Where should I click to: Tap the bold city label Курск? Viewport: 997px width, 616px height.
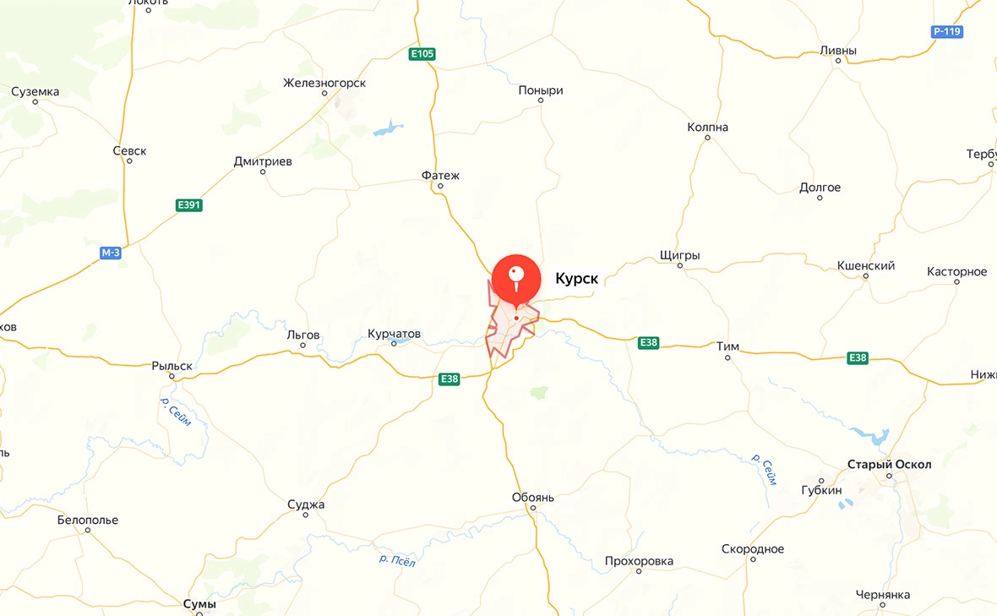pyautogui.click(x=576, y=278)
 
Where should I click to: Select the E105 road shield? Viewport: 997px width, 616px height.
pyautogui.click(x=422, y=54)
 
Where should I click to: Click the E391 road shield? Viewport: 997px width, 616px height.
pyautogui.click(x=188, y=205)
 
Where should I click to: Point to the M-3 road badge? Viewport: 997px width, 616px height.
pyautogui.click(x=111, y=253)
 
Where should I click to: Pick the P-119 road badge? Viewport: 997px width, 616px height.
pyautogui.click(x=947, y=32)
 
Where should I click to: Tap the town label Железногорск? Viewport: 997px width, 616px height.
pyautogui.click(x=324, y=83)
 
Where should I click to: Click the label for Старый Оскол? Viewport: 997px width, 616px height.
pyautogui.click(x=889, y=465)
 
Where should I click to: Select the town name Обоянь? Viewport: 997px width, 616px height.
pyautogui.click(x=533, y=498)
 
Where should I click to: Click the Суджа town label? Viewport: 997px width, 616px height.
pyautogui.click(x=306, y=504)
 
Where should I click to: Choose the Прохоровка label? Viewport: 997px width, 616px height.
pyautogui.click(x=639, y=561)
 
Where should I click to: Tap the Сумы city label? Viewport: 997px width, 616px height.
pyautogui.click(x=200, y=604)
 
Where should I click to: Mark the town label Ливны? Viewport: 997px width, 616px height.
pyautogui.click(x=838, y=51)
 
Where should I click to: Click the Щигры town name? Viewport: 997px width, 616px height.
pyautogui.click(x=679, y=255)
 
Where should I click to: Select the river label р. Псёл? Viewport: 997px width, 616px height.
pyautogui.click(x=397, y=559)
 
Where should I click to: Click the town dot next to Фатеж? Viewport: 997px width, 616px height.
pyautogui.click(x=440, y=188)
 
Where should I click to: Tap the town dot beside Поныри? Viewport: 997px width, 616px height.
pyautogui.click(x=540, y=102)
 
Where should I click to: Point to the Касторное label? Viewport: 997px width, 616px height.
pyautogui.click(x=956, y=271)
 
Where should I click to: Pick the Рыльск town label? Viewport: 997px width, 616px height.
pyautogui.click(x=172, y=366)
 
